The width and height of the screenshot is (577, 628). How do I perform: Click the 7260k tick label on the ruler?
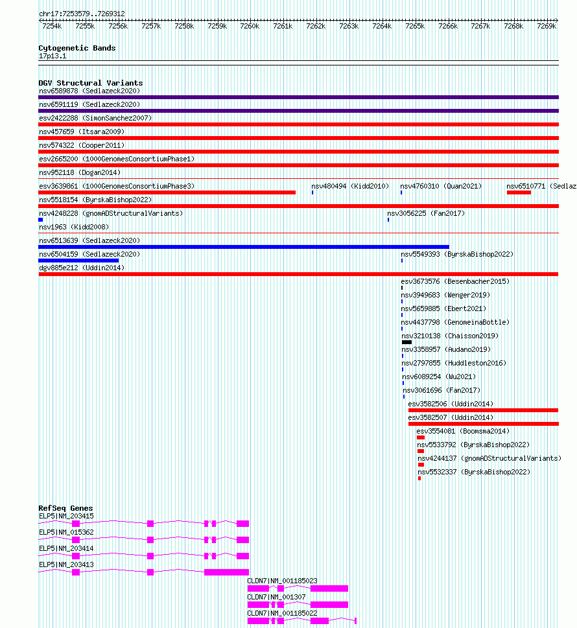click(250, 26)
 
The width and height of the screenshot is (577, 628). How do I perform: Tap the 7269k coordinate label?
click(547, 26)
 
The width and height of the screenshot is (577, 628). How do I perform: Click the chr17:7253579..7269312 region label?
click(82, 14)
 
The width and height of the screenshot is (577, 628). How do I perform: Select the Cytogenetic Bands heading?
click(77, 48)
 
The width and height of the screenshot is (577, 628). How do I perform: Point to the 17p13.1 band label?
click(53, 56)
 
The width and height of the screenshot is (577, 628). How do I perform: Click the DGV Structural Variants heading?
click(90, 83)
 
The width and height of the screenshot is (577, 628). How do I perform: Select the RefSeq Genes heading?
click(65, 508)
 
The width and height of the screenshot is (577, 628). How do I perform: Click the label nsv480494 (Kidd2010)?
click(350, 186)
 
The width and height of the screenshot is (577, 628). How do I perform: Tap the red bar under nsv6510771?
click(519, 192)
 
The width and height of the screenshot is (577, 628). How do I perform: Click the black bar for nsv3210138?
click(406, 342)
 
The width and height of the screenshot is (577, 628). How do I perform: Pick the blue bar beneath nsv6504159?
click(78, 261)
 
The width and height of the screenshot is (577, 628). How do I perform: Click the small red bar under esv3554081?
click(421, 437)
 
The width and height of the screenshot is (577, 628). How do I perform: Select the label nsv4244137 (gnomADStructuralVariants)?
click(489, 458)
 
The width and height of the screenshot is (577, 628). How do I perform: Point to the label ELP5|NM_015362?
click(66, 532)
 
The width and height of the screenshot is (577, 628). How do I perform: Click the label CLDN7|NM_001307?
click(276, 597)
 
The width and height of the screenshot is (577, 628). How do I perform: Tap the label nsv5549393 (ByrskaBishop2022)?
click(457, 254)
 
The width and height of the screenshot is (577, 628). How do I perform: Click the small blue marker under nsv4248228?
click(41, 220)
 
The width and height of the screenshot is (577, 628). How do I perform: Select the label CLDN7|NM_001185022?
click(282, 613)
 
